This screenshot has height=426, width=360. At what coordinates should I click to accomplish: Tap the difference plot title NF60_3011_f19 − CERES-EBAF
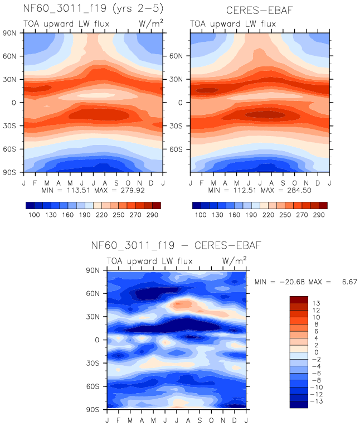click(176, 245)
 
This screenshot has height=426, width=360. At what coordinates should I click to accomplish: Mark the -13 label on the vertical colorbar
click(316, 401)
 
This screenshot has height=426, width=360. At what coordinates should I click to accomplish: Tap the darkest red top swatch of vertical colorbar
click(298, 299)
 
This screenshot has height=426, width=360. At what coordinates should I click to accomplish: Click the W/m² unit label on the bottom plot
click(234, 260)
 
